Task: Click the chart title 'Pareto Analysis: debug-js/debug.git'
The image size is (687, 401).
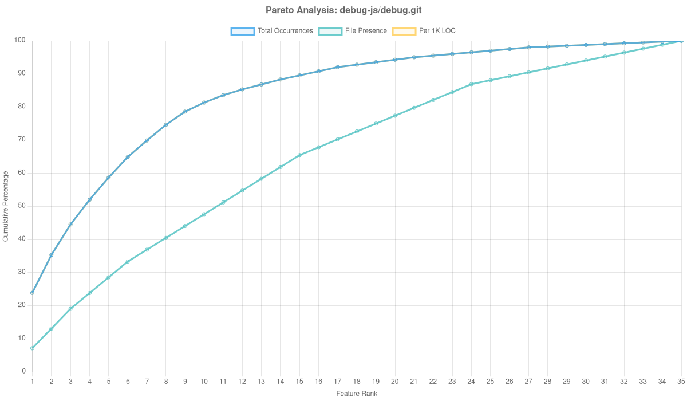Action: pos(343,10)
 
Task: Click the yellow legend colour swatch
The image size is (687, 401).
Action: pos(404,31)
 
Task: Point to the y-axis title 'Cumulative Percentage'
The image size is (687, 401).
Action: pos(6,206)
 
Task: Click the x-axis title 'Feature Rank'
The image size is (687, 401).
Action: pos(357,394)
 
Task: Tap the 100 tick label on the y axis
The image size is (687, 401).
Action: pos(20,40)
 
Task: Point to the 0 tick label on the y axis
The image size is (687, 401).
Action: pos(23,371)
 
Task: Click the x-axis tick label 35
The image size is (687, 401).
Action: pos(681,381)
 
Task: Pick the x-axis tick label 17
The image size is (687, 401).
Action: pos(338,381)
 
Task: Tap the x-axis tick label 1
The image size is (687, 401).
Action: pos(32,381)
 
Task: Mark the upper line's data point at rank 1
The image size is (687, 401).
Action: pos(32,293)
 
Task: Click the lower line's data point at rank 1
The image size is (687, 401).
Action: pos(32,348)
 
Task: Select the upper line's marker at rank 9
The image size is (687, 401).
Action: pos(185,112)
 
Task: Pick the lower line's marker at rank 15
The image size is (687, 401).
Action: pos(299,155)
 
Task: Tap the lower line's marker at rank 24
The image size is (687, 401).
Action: pos(471,84)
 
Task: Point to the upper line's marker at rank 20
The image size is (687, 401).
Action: pos(395,60)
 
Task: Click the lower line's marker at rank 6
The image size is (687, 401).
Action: pos(128,261)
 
